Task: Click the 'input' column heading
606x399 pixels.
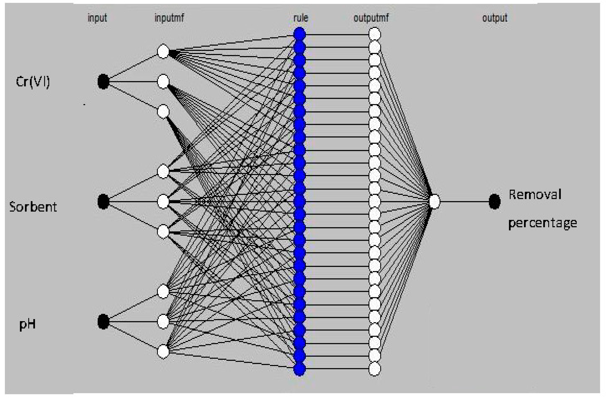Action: pyautogui.click(x=97, y=18)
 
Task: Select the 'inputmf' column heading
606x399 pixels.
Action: pyautogui.click(x=169, y=18)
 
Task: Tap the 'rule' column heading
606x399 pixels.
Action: pyautogui.click(x=300, y=18)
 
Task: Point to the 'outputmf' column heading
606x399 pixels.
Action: pyautogui.click(x=371, y=18)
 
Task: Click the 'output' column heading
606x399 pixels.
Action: pyautogui.click(x=495, y=18)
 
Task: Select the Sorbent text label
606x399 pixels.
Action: pyautogui.click(x=33, y=207)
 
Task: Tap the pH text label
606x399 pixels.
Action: pyautogui.click(x=27, y=324)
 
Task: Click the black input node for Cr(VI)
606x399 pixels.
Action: pyautogui.click(x=103, y=82)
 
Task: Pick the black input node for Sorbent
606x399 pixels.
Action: pyautogui.click(x=103, y=201)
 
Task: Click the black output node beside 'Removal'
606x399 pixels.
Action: pyautogui.click(x=495, y=201)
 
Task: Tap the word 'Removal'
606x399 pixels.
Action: pyautogui.click(x=535, y=195)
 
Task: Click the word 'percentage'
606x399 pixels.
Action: pyautogui.click(x=542, y=223)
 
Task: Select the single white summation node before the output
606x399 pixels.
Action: pyautogui.click(x=434, y=201)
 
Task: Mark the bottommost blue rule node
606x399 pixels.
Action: pyautogui.click(x=299, y=368)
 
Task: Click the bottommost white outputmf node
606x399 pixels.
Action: pyautogui.click(x=375, y=368)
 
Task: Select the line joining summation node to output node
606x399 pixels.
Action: pyautogui.click(x=464, y=201)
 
